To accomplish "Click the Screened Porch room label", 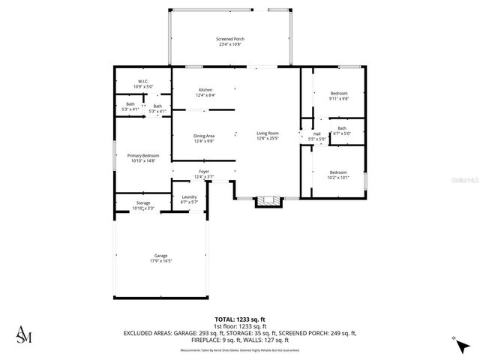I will [231, 39].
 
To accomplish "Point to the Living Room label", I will [268, 133].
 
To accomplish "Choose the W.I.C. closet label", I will [142, 81].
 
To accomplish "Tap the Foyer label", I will [204, 172].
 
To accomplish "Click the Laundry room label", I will [189, 197].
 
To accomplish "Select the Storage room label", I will [142, 203].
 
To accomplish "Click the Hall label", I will [317, 134].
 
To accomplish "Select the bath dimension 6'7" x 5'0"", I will [342, 133].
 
